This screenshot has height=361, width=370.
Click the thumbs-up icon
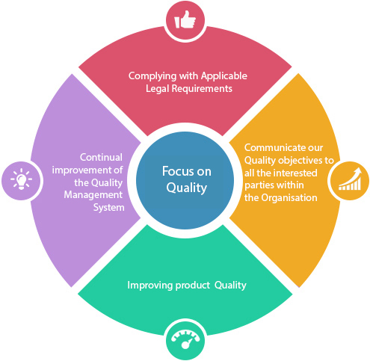(x=185, y=19)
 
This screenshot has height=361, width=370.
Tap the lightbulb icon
(x=21, y=179)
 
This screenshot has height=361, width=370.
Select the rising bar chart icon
(x=350, y=179)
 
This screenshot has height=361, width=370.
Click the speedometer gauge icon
(x=185, y=339)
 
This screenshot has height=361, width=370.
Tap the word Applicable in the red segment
(x=224, y=76)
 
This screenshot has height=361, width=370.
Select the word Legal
(x=158, y=89)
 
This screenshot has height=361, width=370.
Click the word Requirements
(x=202, y=89)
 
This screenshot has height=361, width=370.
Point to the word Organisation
(x=289, y=198)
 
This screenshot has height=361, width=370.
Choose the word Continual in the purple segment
(x=101, y=157)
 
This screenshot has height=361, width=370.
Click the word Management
(x=93, y=195)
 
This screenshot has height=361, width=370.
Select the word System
(x=109, y=208)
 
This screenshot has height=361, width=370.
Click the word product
(x=193, y=286)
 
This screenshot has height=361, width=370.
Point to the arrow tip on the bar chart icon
(x=359, y=168)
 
